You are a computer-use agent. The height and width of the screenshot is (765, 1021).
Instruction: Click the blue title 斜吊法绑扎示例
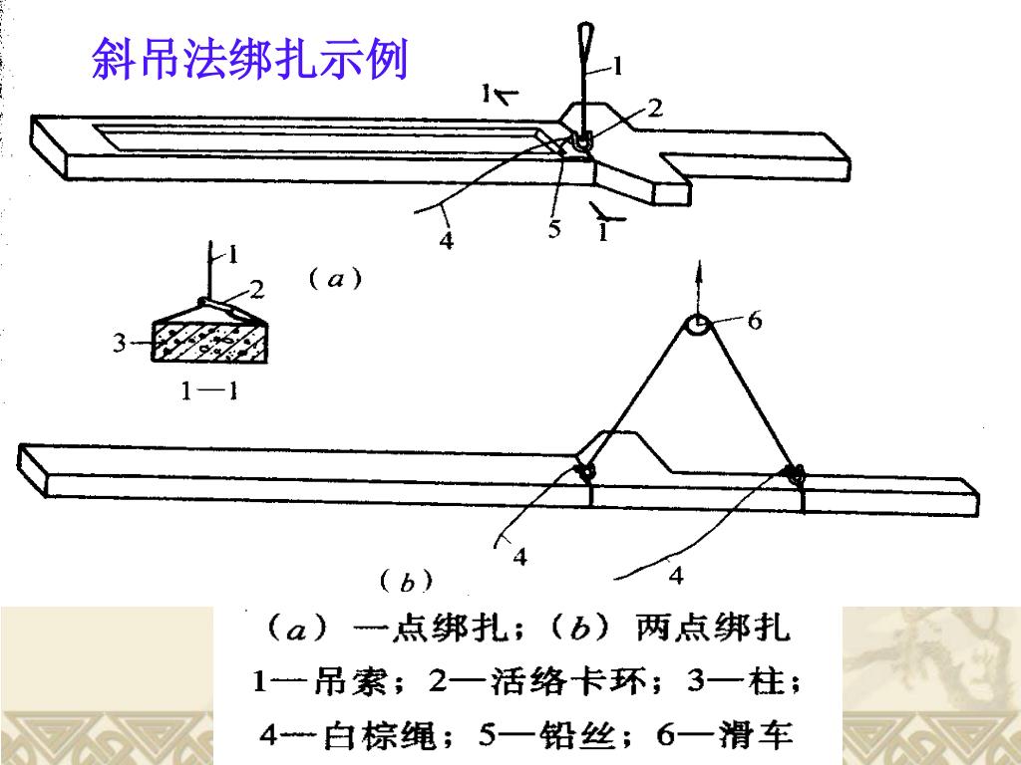tap(249, 60)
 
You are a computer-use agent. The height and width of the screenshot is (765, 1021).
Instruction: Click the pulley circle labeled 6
tap(697, 324)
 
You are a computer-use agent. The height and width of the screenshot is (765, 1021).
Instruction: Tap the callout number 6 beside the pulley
tap(755, 320)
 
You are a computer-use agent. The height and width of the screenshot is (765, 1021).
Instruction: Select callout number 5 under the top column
tap(555, 230)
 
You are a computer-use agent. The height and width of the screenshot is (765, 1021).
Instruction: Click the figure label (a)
tap(335, 280)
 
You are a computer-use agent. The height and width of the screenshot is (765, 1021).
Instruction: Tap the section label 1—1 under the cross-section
tap(207, 391)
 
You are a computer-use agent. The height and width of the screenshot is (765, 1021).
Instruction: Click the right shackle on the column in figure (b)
tap(796, 472)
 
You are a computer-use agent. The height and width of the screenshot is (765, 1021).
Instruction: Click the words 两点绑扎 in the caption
tap(712, 629)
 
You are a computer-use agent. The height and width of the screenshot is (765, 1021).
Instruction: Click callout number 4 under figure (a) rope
tap(448, 240)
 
